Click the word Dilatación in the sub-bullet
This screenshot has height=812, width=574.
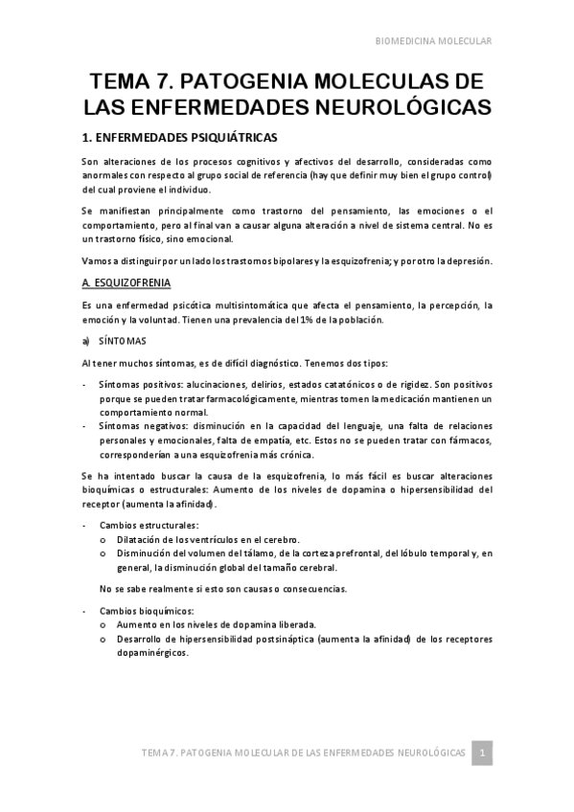pyautogui.click(x=144, y=539)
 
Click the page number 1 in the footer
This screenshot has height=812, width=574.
pyautogui.click(x=484, y=753)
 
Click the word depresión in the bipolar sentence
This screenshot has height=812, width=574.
pyautogui.click(x=464, y=260)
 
